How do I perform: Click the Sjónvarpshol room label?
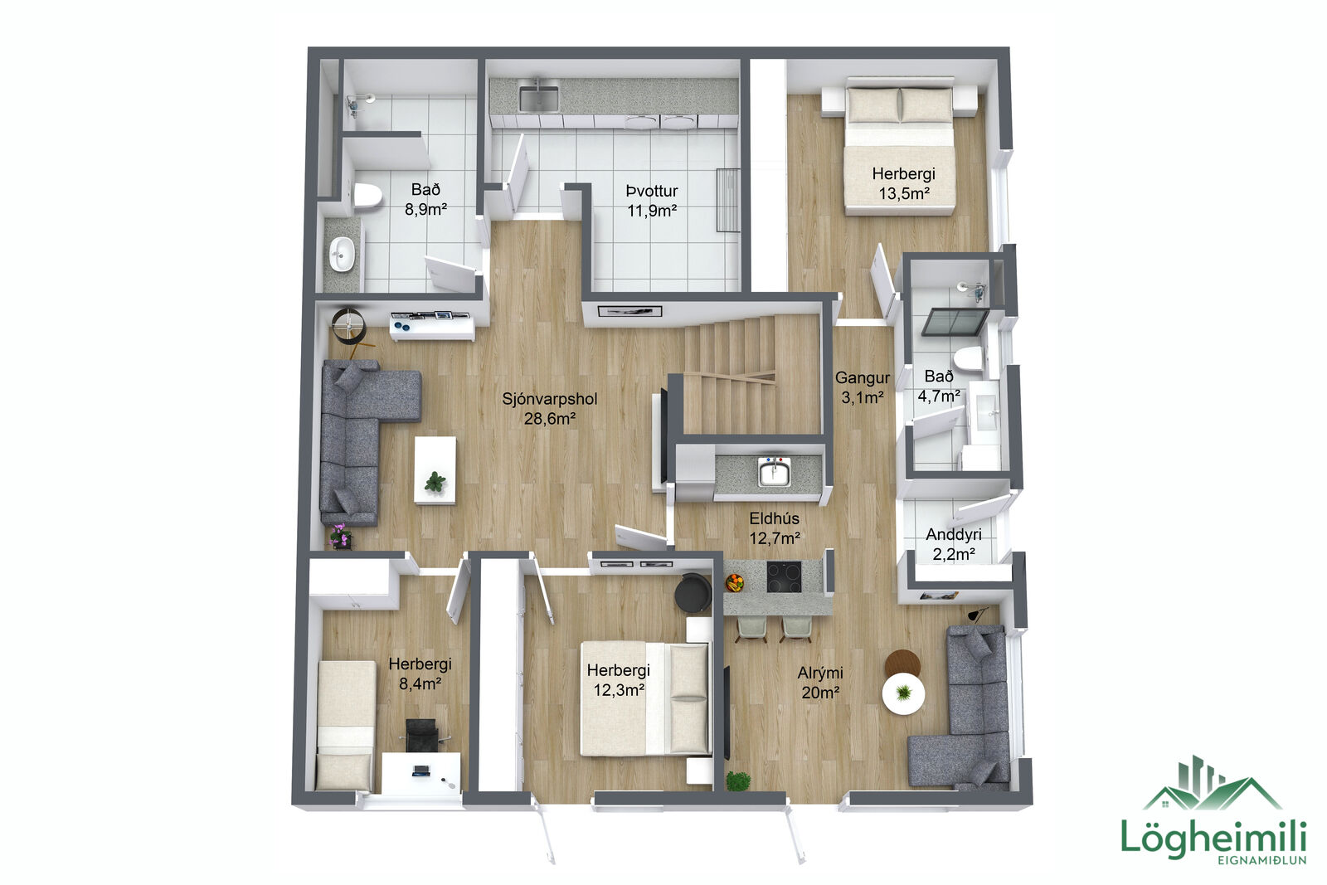[x=549, y=399]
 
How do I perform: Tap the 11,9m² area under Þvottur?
[x=652, y=211]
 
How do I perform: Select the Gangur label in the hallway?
[x=862, y=378]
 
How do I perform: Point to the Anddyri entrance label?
[x=953, y=534]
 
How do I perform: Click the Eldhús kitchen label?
[x=775, y=518]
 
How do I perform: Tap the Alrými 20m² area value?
[x=820, y=693]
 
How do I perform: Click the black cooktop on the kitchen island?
[x=784, y=576]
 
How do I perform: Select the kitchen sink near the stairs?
[x=775, y=474]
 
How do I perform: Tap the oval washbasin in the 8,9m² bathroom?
[x=341, y=254]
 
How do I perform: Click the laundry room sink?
[x=538, y=98]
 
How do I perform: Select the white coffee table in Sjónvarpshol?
[x=435, y=470]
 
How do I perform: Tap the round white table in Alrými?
[x=903, y=693]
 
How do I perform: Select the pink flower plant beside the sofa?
[x=339, y=536]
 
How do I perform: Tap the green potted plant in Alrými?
[x=737, y=780]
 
